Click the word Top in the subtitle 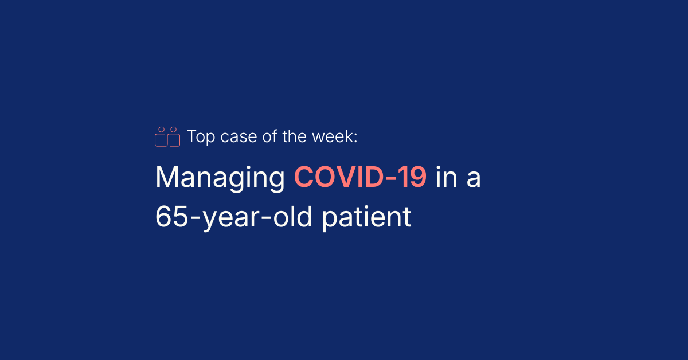pyautogui.click(x=201, y=137)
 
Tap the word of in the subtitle pyautogui.click(x=269, y=136)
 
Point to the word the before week pyautogui.click(x=294, y=136)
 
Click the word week pyautogui.click(x=333, y=136)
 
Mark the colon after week pyautogui.click(x=355, y=138)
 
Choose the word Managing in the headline pyautogui.click(x=220, y=179)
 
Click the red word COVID pyautogui.click(x=338, y=177)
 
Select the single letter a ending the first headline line pyautogui.click(x=474, y=179)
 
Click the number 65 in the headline pyautogui.click(x=171, y=217)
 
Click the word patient pyautogui.click(x=366, y=218)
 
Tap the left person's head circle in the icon pyautogui.click(x=161, y=130)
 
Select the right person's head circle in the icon pyautogui.click(x=174, y=130)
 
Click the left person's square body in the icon pyautogui.click(x=155, y=140)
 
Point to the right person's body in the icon pyautogui.click(x=179, y=140)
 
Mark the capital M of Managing pyautogui.click(x=167, y=177)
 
